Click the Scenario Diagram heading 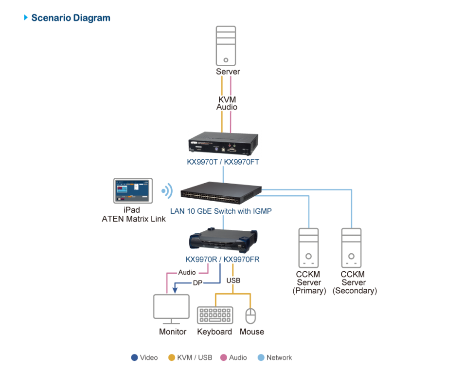(x=71, y=18)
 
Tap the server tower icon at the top (x=226, y=46)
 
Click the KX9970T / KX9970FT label (x=223, y=162)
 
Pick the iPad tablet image (x=132, y=191)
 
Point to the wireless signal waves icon (x=167, y=191)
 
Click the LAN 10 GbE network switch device (x=221, y=192)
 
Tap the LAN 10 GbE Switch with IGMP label (x=221, y=211)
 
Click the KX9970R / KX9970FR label (x=223, y=260)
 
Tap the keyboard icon (x=215, y=315)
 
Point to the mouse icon (x=250, y=316)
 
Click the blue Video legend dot (x=134, y=357)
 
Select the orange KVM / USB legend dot (x=171, y=357)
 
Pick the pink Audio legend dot (x=224, y=357)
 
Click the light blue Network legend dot (x=261, y=357)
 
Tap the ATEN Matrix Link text (x=134, y=219)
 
